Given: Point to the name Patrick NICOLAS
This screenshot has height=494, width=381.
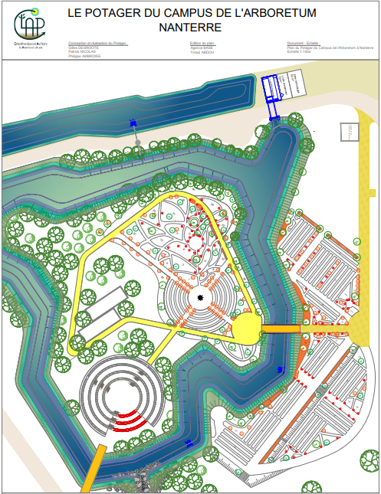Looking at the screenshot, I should [x=84, y=51].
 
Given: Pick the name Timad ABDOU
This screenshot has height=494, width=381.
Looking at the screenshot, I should [x=203, y=51].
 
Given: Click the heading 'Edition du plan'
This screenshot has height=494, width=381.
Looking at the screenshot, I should [x=203, y=43].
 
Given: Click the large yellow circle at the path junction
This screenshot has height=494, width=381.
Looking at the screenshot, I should [x=247, y=329].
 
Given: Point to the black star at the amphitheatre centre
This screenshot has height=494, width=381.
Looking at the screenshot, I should [x=201, y=299].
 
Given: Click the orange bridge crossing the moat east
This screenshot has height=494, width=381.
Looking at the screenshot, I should [x=281, y=329].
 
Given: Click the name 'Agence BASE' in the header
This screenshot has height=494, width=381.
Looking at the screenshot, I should [x=202, y=47].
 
